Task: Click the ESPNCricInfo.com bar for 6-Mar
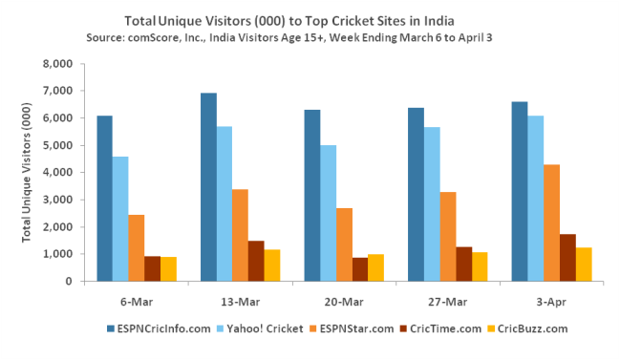(x=104, y=199)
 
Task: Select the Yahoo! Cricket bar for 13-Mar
(x=224, y=204)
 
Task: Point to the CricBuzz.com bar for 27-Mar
(x=480, y=266)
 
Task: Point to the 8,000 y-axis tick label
(x=55, y=64)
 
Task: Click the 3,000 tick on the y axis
(x=55, y=200)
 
